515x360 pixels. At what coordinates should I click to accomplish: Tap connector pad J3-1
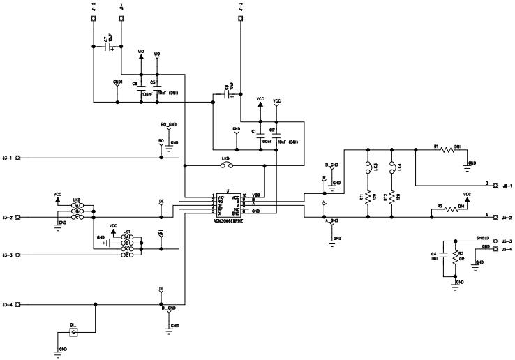pyautogui.click(x=18, y=158)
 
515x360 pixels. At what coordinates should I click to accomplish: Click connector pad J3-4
pyautogui.click(x=18, y=305)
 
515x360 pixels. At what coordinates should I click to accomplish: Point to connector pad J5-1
pyautogui.click(x=497, y=186)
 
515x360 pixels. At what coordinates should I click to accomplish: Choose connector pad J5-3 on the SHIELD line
pyautogui.click(x=497, y=241)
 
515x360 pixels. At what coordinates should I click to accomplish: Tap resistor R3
pyautogui.click(x=455, y=256)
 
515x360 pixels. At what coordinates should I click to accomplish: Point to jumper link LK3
pyautogui.click(x=367, y=167)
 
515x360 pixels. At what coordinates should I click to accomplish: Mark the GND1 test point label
pyautogui.click(x=117, y=82)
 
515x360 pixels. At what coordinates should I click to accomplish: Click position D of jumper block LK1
pyautogui.click(x=128, y=255)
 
